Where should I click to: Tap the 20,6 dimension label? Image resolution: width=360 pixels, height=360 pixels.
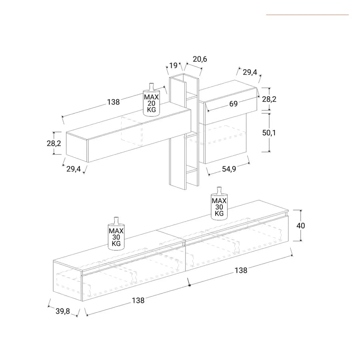point(200,59)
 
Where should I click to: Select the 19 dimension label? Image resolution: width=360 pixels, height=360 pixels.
point(173,66)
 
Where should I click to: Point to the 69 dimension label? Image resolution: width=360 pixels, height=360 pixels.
point(233,104)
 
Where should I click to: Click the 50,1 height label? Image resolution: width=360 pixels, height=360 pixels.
point(269,133)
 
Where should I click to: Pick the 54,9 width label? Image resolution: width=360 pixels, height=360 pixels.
point(229,169)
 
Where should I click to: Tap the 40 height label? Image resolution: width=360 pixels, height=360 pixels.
point(300,226)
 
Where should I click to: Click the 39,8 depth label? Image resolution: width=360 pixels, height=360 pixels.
point(63,311)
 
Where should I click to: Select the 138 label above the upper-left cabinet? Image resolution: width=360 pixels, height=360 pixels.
point(114,102)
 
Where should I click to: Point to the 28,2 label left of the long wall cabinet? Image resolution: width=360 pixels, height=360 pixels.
point(54,144)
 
